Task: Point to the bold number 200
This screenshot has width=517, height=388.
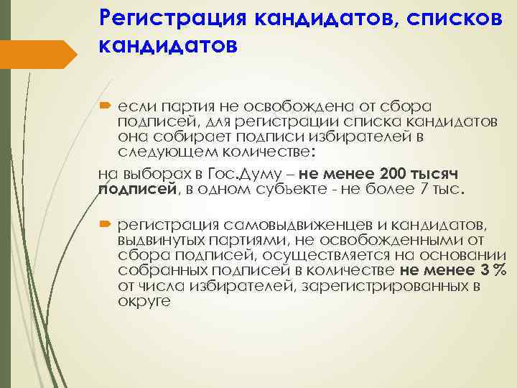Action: [376, 173]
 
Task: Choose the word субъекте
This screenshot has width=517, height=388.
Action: [338, 190]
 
